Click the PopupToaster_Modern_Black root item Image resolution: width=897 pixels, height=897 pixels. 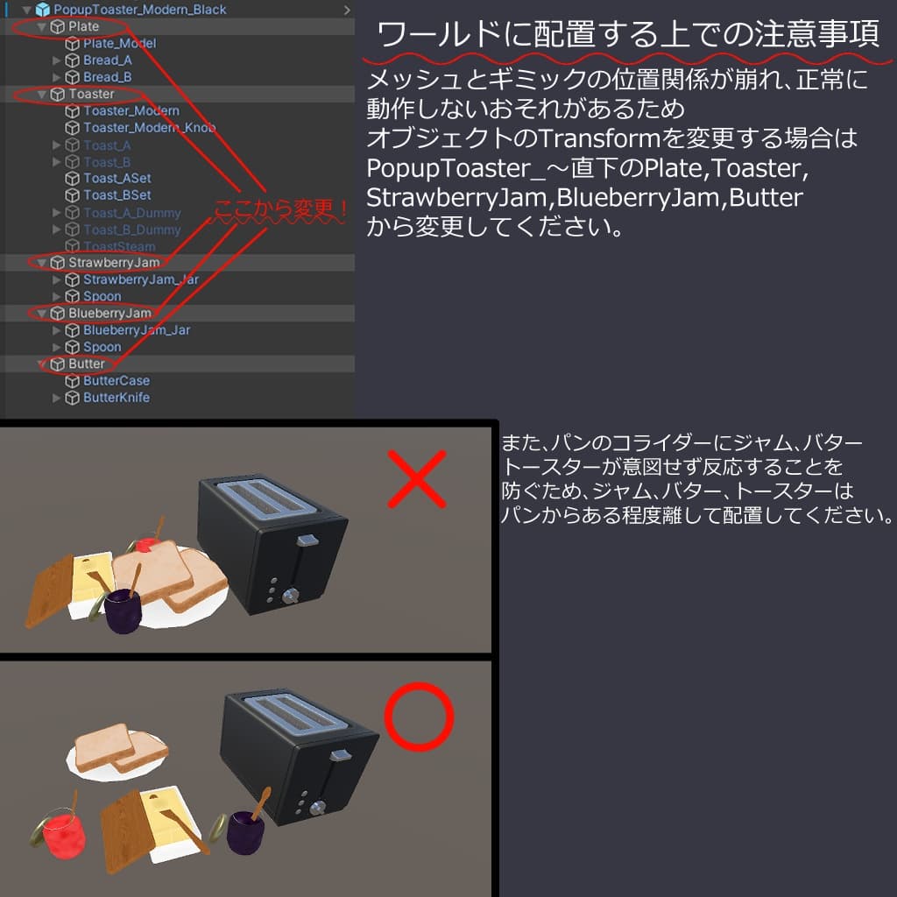pyautogui.click(x=138, y=10)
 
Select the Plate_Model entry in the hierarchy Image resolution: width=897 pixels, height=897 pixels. pyautogui.click(x=119, y=43)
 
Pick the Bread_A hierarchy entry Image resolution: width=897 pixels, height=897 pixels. pyautogui.click(x=107, y=60)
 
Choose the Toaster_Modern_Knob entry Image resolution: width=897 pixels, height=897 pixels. pyautogui.click(x=149, y=128)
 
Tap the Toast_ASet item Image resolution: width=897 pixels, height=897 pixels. pyautogui.click(x=117, y=179)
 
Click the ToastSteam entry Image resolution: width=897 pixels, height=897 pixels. pyautogui.click(x=119, y=246)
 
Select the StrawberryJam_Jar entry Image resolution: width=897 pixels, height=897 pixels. pyautogui.click(x=140, y=279)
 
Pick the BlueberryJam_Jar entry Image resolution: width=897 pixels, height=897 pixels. pyautogui.click(x=136, y=330)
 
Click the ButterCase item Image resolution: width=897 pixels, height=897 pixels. pyautogui.click(x=116, y=381)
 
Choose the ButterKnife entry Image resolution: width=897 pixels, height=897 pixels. pyautogui.click(x=116, y=398)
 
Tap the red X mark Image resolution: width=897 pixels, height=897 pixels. pyautogui.click(x=417, y=479)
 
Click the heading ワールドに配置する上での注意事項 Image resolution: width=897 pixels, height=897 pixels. pyautogui.click(x=628, y=36)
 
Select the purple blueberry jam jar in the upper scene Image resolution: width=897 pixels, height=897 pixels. pyautogui.click(x=124, y=611)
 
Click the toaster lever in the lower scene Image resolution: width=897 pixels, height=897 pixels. pyautogui.click(x=339, y=755)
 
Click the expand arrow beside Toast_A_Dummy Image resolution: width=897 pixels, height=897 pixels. pyautogui.click(x=57, y=213)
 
